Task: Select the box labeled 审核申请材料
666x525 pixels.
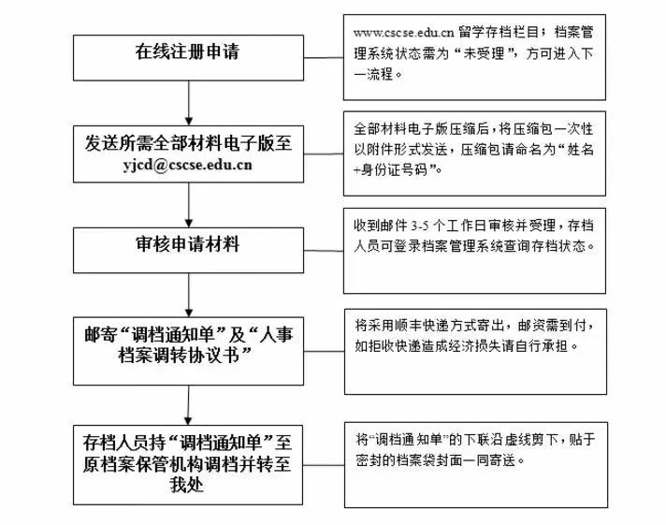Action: click(x=189, y=245)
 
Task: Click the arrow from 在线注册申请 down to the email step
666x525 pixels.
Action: click(x=189, y=100)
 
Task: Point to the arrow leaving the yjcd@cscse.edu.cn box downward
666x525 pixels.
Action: click(x=189, y=203)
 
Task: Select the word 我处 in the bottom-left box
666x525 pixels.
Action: click(x=189, y=487)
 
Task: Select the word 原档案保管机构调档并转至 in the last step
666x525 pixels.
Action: click(x=189, y=463)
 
